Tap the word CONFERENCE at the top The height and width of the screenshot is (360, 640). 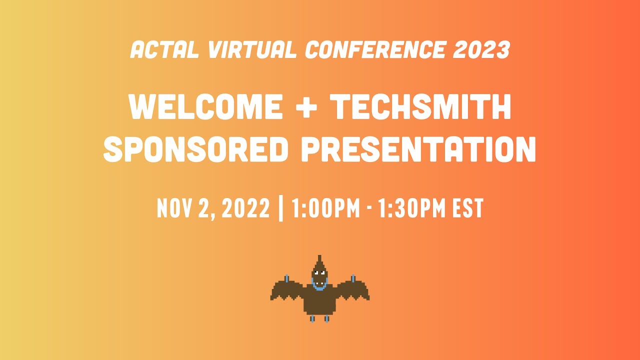tap(375, 50)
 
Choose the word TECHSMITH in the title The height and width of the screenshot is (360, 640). tap(421, 106)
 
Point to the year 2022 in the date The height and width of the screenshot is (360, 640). tap(245, 208)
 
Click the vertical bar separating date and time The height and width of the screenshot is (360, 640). tap(280, 208)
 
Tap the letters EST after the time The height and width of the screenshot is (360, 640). tap(468, 208)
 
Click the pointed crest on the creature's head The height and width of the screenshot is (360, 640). tap(319, 260)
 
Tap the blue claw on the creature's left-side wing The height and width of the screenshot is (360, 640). tap(286, 278)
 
